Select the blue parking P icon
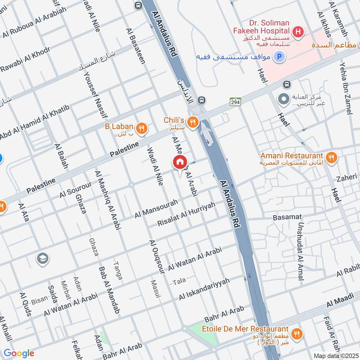280,57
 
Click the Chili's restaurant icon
193,121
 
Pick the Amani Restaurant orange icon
331,157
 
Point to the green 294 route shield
235,102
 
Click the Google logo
18,353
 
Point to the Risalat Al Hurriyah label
186,214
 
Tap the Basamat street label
287,217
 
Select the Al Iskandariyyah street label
204,289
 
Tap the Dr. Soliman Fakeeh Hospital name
261,27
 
